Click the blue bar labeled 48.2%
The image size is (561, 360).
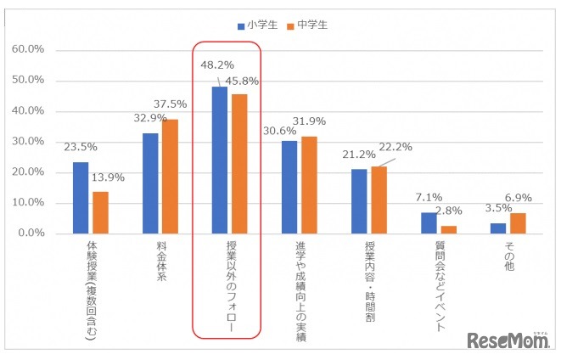[219, 160]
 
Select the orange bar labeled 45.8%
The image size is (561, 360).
[238, 163]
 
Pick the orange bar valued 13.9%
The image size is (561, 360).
[100, 211]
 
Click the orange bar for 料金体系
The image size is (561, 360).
[170, 176]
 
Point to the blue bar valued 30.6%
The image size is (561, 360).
[289, 186]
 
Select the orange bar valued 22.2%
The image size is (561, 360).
[378, 199]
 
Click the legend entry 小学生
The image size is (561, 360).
[258, 25]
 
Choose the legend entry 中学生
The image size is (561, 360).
[308, 25]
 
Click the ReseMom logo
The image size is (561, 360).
[507, 339]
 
